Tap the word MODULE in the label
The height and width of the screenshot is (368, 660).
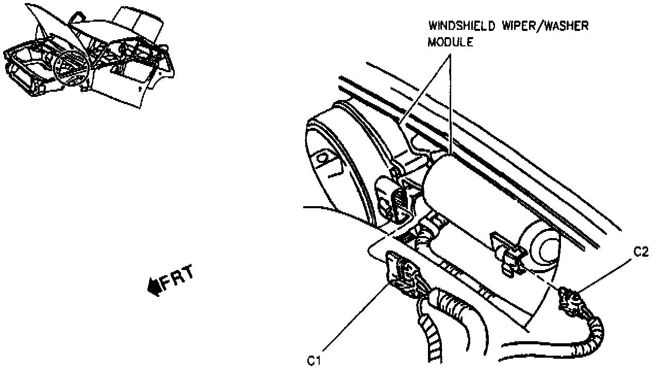pos(450,43)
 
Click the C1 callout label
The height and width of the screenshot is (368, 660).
pos(315,360)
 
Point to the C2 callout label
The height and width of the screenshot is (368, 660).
pos(641,252)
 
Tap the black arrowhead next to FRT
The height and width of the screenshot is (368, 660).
pos(154,287)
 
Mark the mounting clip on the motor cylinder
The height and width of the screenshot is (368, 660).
pos(508,253)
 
